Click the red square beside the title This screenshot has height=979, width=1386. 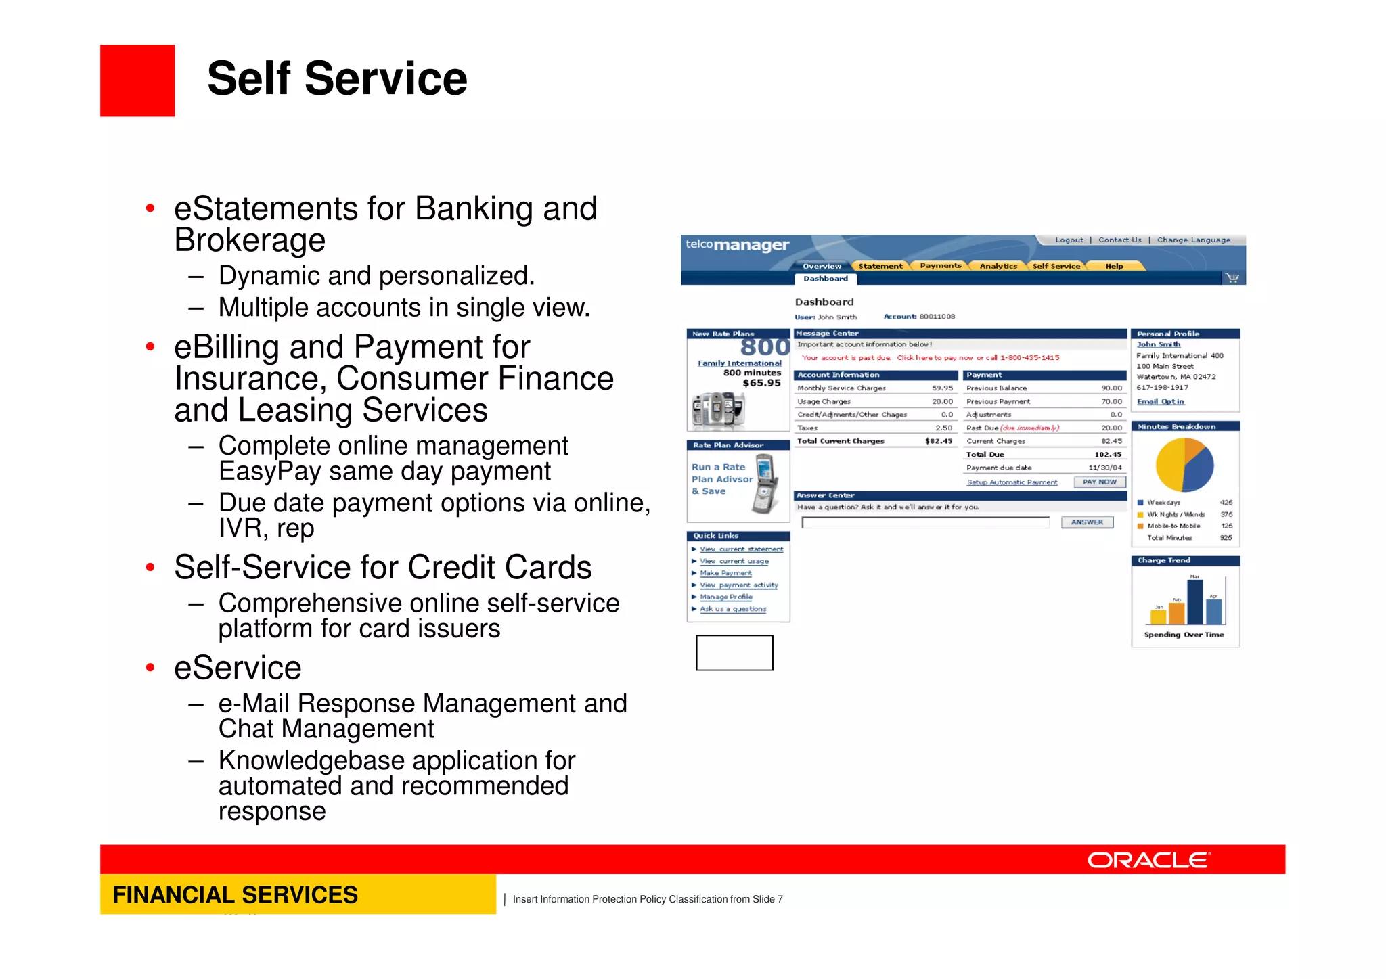tap(137, 81)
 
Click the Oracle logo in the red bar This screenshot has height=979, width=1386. tap(1148, 860)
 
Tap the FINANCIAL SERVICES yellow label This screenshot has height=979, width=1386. tap(235, 894)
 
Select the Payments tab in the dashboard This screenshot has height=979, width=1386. tap(940, 266)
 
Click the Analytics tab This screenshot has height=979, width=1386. tap(998, 266)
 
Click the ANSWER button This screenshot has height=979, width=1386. tap(1087, 522)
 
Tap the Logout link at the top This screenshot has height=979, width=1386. tap(1069, 240)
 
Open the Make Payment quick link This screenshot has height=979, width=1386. tap(725, 573)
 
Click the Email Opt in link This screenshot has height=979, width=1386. tap(1160, 401)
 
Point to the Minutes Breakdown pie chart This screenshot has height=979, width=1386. tap(1184, 465)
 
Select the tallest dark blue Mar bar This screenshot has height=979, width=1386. tap(1194, 602)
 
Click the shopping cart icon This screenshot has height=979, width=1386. tap(1232, 278)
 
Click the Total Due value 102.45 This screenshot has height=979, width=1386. tap(1107, 455)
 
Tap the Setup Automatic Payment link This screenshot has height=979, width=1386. tap(1012, 482)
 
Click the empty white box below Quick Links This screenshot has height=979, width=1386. tap(734, 653)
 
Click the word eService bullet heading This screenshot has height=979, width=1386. tap(238, 668)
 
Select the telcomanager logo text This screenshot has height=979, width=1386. tap(737, 245)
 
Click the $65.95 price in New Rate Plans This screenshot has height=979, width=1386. tap(761, 383)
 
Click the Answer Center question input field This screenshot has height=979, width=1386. tap(925, 522)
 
